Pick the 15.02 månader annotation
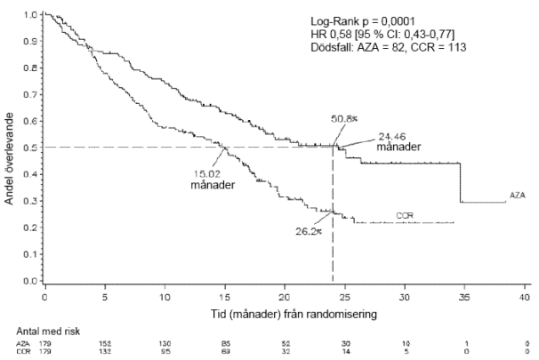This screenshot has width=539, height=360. pos(206,180)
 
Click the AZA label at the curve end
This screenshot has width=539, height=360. pos(520,194)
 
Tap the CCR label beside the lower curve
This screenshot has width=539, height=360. pos(404,216)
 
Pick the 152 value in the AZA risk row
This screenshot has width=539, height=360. pos(105,343)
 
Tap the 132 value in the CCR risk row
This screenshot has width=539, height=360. pos(105,352)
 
